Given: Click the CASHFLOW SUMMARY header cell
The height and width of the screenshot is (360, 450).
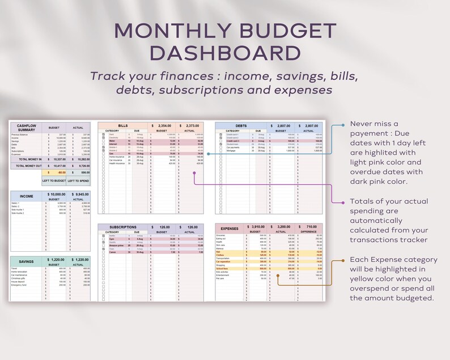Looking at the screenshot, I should point(26,127).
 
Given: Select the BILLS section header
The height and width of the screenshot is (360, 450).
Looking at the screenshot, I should point(122,125).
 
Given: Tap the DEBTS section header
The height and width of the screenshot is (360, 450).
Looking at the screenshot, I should point(241,125).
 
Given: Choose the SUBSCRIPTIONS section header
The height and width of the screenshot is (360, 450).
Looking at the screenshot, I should point(122,227).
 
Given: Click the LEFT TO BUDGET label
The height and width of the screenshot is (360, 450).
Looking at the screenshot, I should point(54,181).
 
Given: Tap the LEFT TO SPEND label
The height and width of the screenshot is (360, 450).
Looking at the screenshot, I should point(78,181).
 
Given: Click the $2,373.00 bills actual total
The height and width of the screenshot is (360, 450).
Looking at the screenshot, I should point(191,125).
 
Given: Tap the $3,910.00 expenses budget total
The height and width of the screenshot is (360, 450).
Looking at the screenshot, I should point(258,227).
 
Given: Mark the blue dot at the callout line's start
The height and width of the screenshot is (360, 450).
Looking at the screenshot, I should point(343,125).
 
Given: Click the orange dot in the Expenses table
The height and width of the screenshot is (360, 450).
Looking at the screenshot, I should point(278,276).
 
